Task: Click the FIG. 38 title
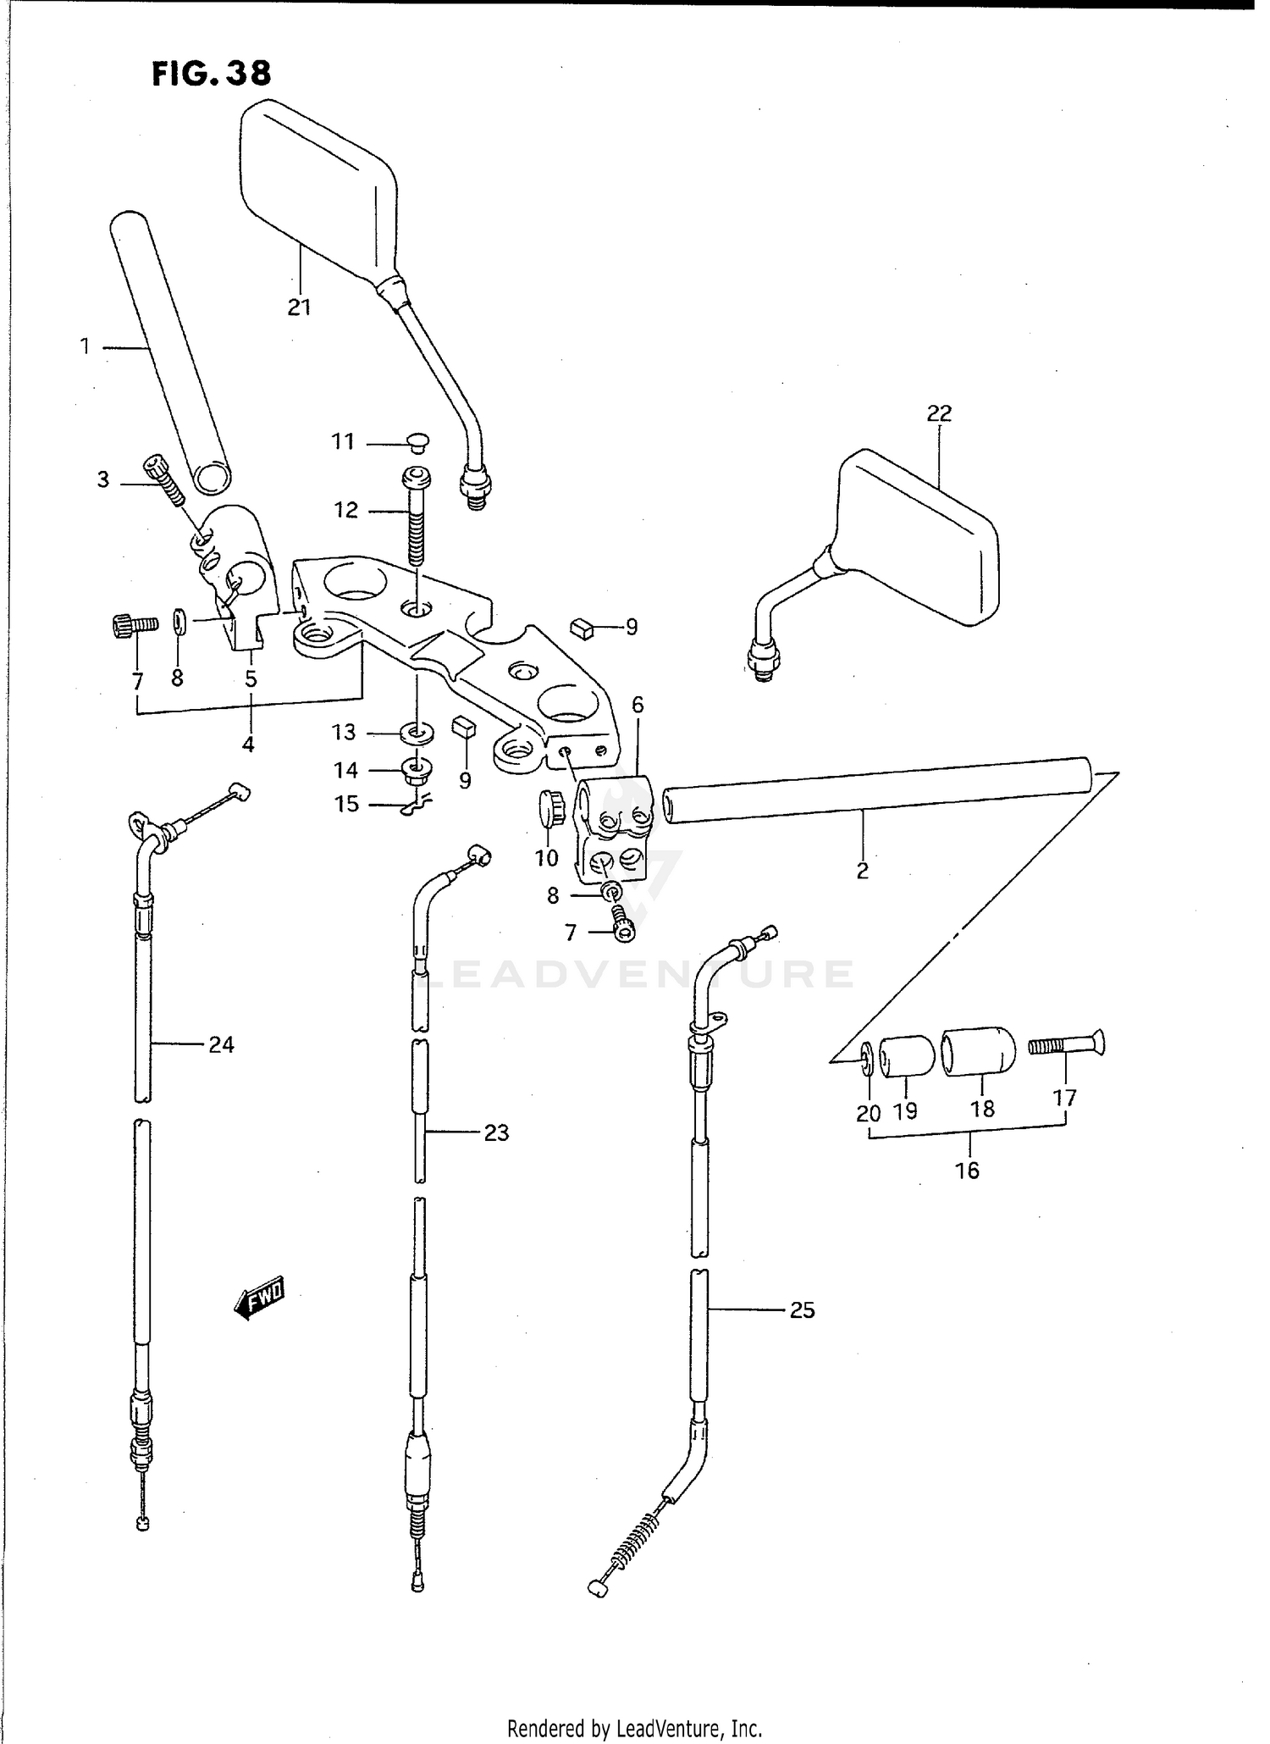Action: pos(212,74)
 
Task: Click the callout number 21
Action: pos(299,307)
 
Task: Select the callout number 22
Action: pos(939,413)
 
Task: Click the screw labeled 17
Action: pos(1066,1047)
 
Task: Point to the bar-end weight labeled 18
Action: pos(979,1052)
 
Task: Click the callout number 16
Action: pos(966,1171)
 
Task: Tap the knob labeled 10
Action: pos(551,807)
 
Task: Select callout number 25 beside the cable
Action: pos(801,1310)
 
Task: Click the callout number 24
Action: pos(221,1045)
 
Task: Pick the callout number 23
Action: pos(496,1132)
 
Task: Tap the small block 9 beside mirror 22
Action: pos(583,627)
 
